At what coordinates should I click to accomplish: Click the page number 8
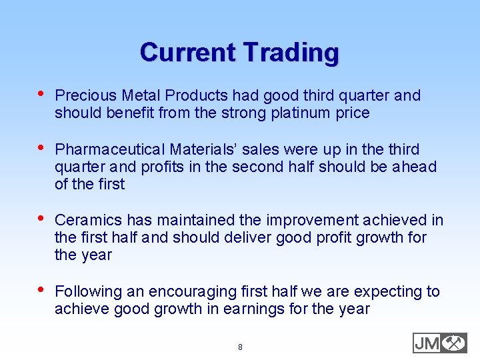click(240, 347)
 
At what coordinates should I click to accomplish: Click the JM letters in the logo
click(427, 343)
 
